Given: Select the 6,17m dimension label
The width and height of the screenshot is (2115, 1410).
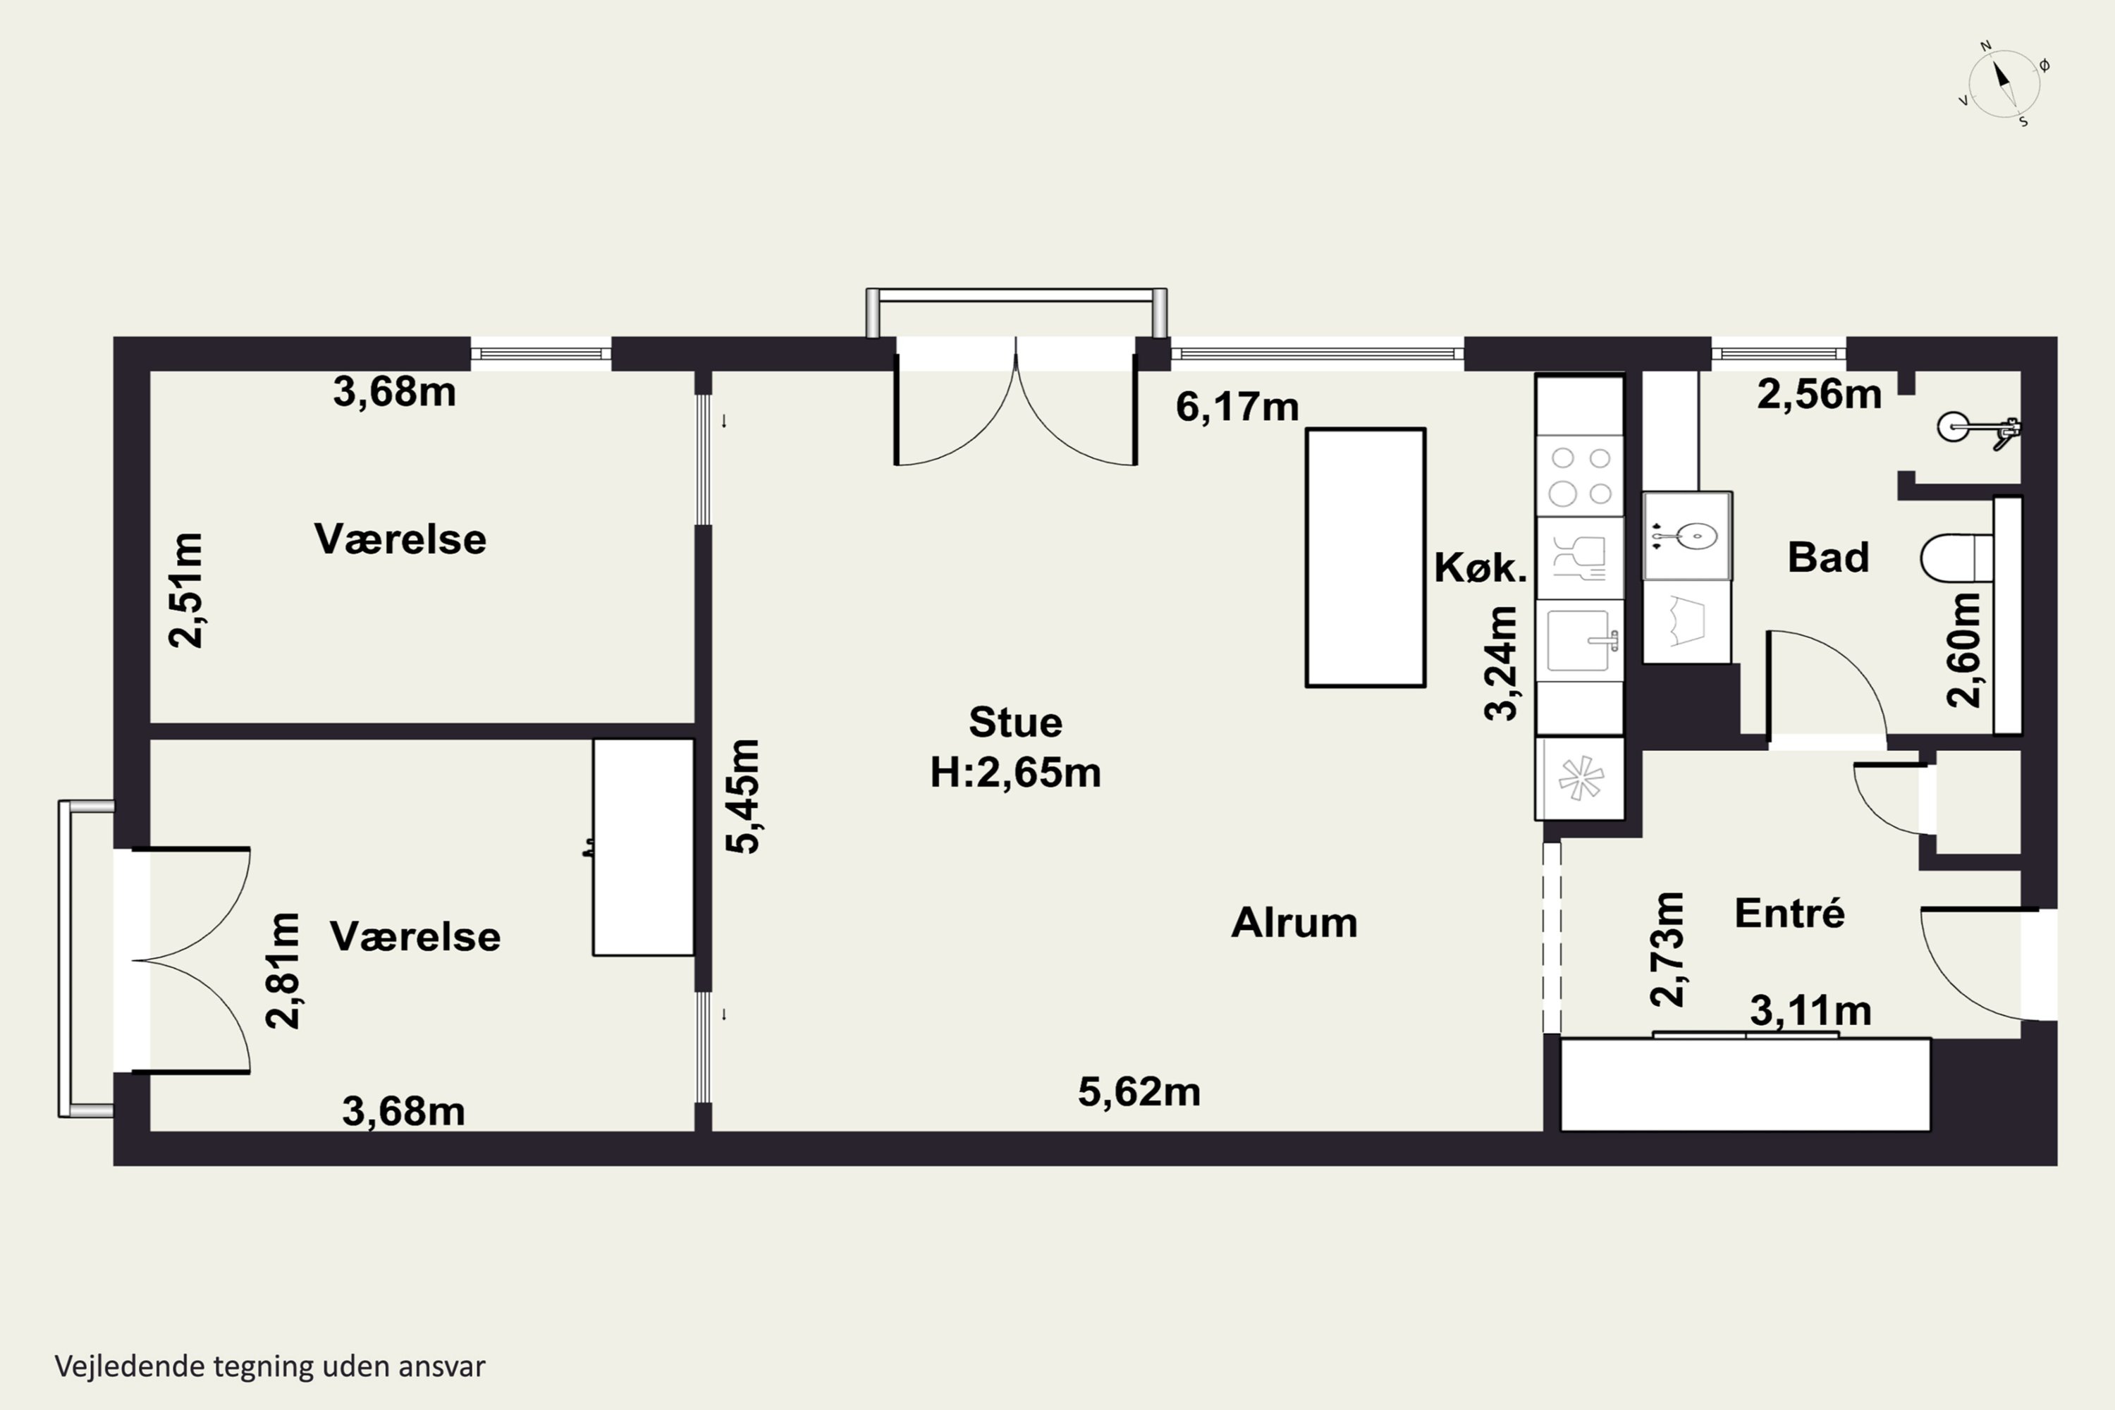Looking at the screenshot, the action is coord(1237,407).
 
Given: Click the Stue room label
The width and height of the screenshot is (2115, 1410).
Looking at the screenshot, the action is coord(1015,722).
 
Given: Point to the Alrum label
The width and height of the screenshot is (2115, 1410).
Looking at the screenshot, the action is coord(1294,923).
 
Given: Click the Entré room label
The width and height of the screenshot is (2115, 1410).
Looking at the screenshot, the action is coord(1789,913).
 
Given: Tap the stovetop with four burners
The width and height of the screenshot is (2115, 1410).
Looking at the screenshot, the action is coord(1580,476).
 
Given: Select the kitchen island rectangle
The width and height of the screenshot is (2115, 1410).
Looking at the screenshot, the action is coord(1365,558).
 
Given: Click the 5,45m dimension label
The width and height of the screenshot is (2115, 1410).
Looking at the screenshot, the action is coord(744,796).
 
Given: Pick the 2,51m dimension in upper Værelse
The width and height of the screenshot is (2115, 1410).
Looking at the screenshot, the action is coord(187,590).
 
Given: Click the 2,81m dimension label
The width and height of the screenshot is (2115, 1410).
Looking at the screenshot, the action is coord(283,970).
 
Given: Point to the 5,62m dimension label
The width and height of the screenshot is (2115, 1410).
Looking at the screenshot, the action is coord(1139,1091).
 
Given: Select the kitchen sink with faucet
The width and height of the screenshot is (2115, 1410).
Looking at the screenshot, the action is coord(1580,640).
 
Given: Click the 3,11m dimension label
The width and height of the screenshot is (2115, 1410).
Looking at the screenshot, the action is coord(1811,1012).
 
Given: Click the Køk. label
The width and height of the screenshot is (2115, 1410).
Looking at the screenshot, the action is coord(1480,568).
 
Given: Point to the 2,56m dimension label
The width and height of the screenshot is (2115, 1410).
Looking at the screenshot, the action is coord(1819,395).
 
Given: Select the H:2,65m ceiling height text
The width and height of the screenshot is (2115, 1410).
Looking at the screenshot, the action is coord(1015,773).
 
